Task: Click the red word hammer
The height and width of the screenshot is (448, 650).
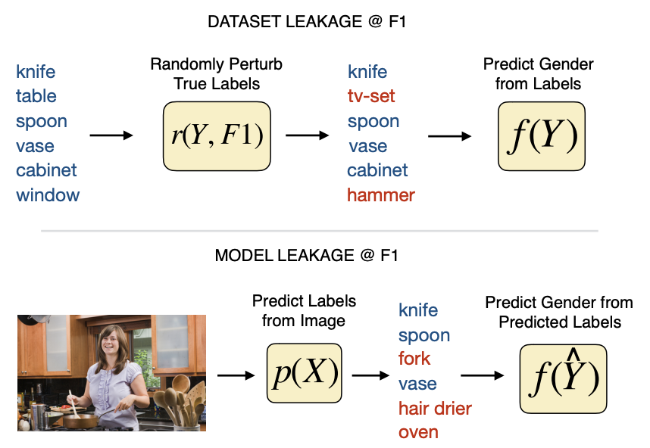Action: coord(381,195)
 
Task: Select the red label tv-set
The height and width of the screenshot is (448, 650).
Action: coord(371,96)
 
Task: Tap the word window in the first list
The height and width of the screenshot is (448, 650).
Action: coord(48,195)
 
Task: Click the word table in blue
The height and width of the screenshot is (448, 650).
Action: coord(36,96)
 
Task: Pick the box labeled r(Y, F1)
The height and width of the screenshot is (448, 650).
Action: coord(217,136)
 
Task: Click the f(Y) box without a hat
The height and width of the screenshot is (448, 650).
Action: coord(542,136)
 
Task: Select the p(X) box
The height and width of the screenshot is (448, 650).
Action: coord(305,373)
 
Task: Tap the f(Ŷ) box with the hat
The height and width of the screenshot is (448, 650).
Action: coord(563,378)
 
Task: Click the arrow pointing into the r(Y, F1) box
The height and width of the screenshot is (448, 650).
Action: coord(111,135)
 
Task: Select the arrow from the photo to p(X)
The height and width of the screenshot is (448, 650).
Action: coord(236,375)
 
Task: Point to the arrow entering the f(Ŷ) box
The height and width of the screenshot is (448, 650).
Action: coord(482,375)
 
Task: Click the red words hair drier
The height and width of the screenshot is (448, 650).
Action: coord(435,409)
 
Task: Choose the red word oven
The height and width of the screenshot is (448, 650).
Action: coord(418,432)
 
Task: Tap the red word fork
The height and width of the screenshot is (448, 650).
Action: coord(414,359)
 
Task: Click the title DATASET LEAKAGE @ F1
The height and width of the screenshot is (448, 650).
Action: coord(307,21)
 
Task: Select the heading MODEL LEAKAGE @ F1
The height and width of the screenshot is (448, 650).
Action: coord(306,256)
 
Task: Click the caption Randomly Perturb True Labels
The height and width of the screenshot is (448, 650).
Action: coord(217,73)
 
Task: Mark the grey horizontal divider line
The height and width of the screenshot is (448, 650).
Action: coord(320,231)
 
